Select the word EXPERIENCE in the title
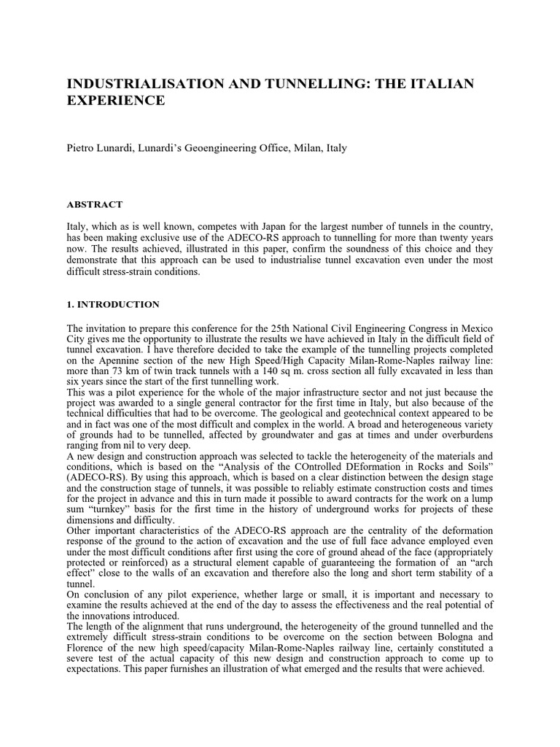116,101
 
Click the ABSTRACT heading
95,205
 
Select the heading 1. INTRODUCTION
113,303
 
